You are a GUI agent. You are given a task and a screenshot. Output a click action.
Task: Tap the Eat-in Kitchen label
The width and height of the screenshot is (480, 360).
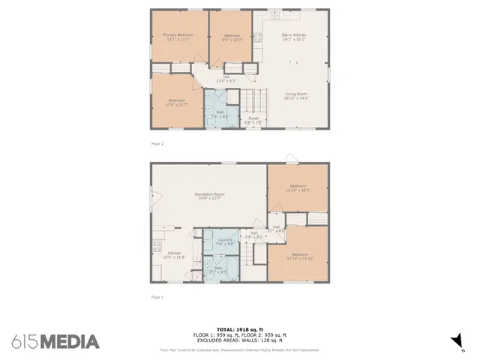point(294,35)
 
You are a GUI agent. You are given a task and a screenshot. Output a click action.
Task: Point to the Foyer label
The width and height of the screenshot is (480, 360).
point(253,118)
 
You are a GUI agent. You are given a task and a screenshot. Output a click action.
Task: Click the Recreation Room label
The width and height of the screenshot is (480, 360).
point(210,195)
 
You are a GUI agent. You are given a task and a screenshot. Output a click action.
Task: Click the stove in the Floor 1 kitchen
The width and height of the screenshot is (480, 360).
point(157,245)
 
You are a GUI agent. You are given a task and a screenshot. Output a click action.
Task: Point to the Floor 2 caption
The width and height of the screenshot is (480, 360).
point(157,143)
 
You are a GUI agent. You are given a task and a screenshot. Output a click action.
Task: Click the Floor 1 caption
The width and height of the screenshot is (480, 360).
point(157,297)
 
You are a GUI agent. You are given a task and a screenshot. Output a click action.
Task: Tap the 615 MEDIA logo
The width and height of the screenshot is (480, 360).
point(55,342)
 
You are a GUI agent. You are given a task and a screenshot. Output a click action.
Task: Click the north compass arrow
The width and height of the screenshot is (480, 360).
point(457,342)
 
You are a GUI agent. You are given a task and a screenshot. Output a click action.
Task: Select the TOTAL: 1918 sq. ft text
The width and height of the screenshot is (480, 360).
point(240,329)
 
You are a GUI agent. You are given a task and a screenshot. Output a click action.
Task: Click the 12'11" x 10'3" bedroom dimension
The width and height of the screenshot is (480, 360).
point(298,190)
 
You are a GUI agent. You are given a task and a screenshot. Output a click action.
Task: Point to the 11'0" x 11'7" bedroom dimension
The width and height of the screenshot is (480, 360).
point(177,103)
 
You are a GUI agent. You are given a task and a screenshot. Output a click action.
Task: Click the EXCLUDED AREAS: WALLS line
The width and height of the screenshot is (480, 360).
point(240,341)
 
